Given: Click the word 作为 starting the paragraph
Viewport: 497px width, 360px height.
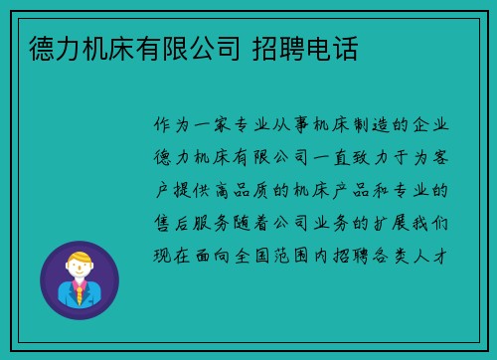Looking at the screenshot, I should (175, 126).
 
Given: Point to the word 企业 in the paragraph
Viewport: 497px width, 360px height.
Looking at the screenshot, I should (439, 126).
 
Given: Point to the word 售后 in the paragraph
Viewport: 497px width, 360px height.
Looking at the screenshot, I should (175, 222).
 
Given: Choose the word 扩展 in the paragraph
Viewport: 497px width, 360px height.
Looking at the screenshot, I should (390, 222).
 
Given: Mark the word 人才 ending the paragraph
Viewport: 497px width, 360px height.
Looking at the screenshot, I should (439, 254).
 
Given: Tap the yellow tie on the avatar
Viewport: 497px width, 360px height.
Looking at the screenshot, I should (79, 292).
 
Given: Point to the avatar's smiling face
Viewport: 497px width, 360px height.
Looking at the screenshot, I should (79, 271).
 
